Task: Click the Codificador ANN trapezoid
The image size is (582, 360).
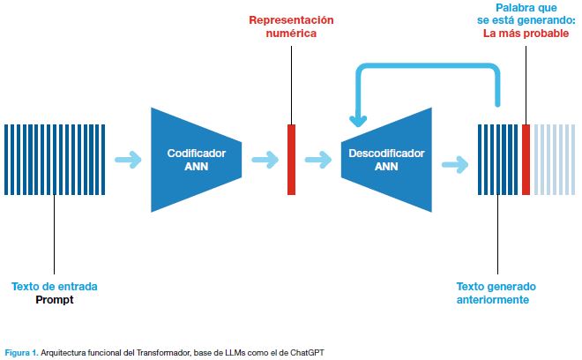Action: pos(196,160)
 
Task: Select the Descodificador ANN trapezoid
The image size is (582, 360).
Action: pos(386,160)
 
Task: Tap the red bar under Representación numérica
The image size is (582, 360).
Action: pos(291,160)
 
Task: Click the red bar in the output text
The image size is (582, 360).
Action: pos(526,160)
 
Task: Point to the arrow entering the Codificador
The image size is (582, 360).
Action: pos(128,160)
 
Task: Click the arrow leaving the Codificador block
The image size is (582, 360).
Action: pos(265,160)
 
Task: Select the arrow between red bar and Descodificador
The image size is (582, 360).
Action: pos(318,160)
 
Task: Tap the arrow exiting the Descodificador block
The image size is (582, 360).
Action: pos(455,164)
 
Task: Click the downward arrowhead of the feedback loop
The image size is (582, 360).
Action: pos(358,121)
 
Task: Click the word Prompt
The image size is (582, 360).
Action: pos(55,300)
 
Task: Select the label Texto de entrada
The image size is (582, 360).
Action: pos(55,287)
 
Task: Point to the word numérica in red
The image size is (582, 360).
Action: pos(291,33)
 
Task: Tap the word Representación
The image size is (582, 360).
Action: pos(291,20)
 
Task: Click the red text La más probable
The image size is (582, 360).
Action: pos(526,34)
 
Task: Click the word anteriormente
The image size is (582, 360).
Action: pos(493,299)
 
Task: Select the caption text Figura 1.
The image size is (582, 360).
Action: pos(21,352)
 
